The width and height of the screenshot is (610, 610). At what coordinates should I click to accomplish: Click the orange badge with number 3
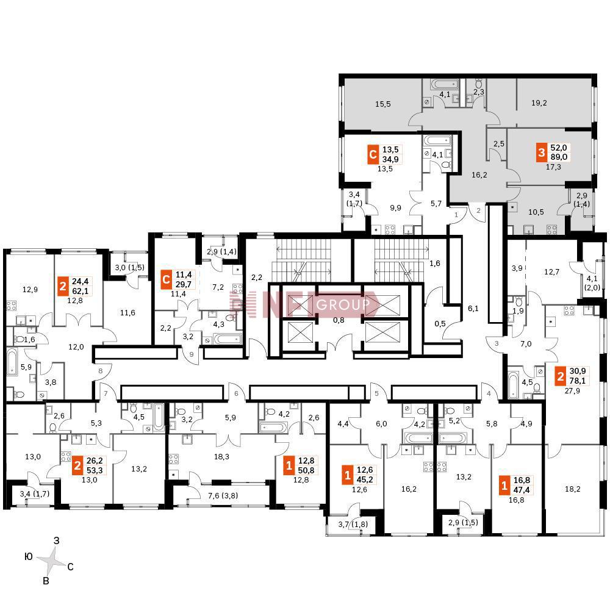coord(542,152)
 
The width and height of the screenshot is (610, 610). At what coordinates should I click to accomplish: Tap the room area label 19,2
coord(539,103)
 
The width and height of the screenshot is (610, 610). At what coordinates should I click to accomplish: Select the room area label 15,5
coord(383,104)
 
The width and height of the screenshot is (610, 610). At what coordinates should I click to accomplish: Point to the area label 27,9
coord(572,390)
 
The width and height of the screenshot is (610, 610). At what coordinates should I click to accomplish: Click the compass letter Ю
coord(29,557)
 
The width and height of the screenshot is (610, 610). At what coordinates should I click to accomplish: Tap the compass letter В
coord(46,581)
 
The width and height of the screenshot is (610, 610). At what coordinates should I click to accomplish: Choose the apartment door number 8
coord(101,371)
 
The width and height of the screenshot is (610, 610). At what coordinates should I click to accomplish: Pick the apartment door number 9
coord(192,354)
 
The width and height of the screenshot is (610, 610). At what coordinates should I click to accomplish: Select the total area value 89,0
coord(559,157)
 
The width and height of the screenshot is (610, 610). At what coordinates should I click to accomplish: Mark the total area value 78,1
coord(577,381)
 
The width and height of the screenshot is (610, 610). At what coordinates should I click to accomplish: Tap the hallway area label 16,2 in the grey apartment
coord(479,175)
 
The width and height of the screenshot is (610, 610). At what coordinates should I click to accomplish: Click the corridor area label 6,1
coord(473,309)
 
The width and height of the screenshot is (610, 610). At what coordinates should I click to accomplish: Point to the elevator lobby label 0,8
coord(339,320)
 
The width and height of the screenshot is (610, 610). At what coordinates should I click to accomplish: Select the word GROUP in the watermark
coord(343,304)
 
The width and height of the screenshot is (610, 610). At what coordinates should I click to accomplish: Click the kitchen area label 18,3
coord(221,457)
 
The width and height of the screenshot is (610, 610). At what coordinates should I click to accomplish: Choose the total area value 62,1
coord(80,290)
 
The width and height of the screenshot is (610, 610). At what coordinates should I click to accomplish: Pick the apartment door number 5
coord(376,393)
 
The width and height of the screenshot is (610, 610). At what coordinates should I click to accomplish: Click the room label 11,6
coord(127,312)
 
